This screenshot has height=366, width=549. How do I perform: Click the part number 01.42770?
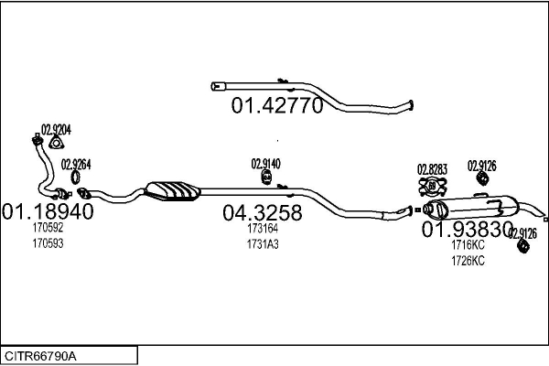click(x=276, y=104)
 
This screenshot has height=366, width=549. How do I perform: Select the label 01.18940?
click(x=48, y=211)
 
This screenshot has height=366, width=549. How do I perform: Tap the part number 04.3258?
click(x=263, y=212)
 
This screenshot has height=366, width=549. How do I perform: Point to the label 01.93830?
click(x=467, y=230)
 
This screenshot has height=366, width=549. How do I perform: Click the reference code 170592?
click(x=48, y=228)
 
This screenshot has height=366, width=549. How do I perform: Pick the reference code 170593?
click(x=48, y=243)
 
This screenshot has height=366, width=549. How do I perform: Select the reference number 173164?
click(x=263, y=229)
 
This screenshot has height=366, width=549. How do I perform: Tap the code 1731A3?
click(x=263, y=244)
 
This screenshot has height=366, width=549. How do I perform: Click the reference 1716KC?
click(x=468, y=245)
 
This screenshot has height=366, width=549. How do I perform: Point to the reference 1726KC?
click(x=468, y=261)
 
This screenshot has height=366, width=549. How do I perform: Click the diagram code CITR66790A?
click(x=40, y=357)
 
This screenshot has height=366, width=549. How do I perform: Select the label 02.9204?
click(x=56, y=130)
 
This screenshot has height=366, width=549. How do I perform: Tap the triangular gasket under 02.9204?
click(x=56, y=143)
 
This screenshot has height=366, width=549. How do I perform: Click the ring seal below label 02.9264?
click(x=75, y=178)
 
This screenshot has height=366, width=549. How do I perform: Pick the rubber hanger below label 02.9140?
click(x=267, y=177)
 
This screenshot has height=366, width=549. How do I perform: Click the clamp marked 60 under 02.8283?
click(x=433, y=187)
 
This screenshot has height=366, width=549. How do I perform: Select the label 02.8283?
click(x=432, y=169)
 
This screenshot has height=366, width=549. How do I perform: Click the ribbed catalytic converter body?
click(x=172, y=191)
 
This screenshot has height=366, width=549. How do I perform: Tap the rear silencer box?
click(x=470, y=208)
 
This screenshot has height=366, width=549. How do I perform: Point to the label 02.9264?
click(x=76, y=165)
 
